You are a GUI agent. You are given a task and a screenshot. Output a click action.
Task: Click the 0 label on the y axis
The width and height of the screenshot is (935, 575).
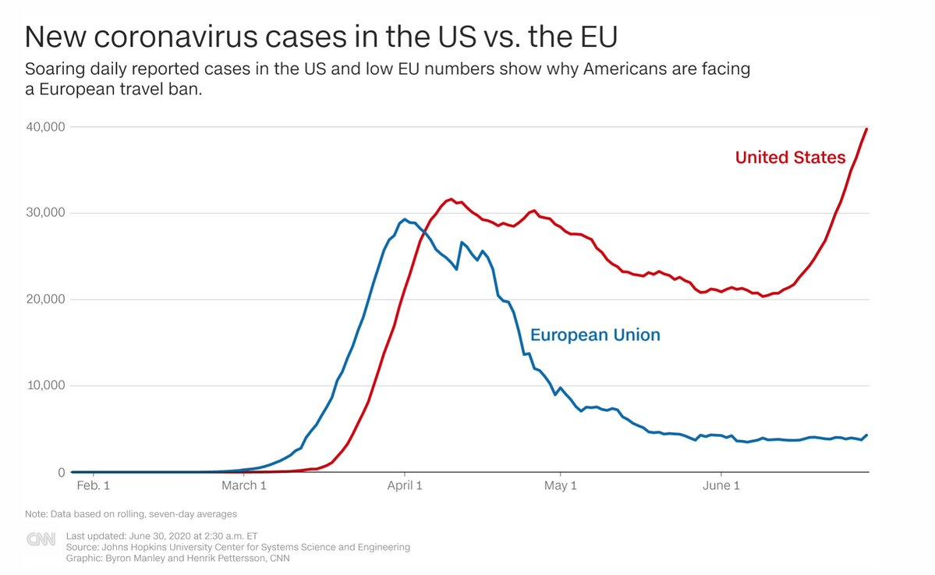point(60,473)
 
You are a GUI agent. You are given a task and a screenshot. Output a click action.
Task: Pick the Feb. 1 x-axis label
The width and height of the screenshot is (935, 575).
point(93,487)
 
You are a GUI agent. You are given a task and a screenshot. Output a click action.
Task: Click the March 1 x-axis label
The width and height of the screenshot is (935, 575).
point(243,487)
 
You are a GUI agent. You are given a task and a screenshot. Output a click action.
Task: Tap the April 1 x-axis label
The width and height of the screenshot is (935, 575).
point(405,487)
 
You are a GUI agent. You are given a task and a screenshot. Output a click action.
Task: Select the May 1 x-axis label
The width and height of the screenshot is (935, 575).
point(560,487)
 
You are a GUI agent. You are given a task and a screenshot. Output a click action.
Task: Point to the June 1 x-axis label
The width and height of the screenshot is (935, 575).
point(721,487)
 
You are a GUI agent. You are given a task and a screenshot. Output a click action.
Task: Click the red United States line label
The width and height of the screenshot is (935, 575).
point(790,158)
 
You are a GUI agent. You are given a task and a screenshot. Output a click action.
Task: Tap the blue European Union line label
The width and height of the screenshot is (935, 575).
point(595,335)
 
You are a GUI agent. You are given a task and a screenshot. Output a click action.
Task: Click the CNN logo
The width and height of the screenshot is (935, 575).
point(41,539)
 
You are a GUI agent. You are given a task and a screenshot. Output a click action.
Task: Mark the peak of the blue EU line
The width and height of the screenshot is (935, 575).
point(405,219)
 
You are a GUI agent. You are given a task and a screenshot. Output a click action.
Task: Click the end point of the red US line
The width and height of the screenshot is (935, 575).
point(867,129)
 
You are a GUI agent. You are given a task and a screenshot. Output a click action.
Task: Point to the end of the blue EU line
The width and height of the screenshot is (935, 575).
point(867,435)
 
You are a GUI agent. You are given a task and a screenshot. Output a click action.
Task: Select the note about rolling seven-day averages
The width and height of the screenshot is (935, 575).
point(131,514)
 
